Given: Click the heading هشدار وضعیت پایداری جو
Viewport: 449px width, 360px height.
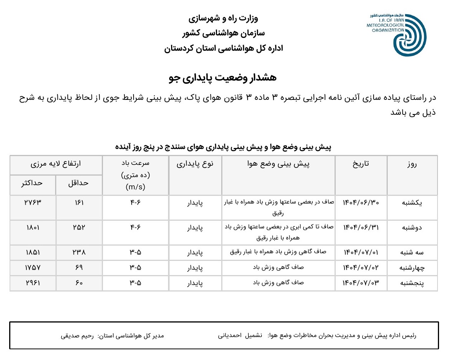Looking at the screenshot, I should [x=223, y=78].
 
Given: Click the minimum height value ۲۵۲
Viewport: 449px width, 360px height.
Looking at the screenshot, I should [x=79, y=227].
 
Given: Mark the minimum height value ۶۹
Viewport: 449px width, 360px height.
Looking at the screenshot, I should [x=79, y=268].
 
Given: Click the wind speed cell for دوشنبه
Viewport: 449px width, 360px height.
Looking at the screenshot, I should [x=135, y=227].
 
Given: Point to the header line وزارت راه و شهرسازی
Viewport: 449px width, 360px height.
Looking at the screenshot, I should [x=224, y=18].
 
